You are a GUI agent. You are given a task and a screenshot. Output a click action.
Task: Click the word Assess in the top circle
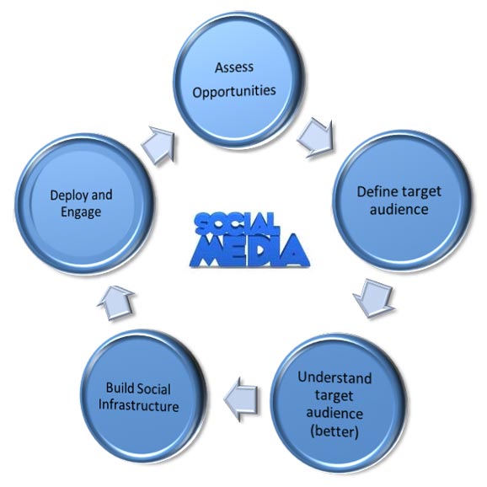point(234,67)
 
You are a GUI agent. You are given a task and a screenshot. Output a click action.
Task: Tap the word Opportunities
point(234,91)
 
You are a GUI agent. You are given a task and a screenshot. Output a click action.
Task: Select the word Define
point(375,191)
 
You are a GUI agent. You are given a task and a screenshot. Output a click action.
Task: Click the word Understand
point(334,377)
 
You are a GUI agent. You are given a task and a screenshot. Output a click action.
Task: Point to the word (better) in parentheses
point(334,431)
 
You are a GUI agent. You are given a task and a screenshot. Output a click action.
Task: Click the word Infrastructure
point(138,406)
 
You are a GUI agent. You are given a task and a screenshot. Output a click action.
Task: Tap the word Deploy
point(68,195)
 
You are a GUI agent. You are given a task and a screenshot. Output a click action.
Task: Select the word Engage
point(81,212)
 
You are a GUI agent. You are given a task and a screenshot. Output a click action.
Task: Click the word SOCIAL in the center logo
point(235,223)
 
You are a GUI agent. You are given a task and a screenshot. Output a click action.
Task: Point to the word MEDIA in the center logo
point(249,250)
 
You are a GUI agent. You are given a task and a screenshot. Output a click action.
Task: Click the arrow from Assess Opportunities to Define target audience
point(315,138)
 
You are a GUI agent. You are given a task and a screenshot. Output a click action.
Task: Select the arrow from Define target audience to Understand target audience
point(373,297)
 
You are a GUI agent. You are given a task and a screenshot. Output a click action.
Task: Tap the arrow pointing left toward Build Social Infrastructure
point(241,399)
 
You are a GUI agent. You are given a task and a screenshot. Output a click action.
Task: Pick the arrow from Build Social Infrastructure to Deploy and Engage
point(115,303)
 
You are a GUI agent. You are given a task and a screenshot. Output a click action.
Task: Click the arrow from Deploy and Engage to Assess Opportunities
point(158,145)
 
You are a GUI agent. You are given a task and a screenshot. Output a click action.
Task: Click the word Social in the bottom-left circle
point(153,388)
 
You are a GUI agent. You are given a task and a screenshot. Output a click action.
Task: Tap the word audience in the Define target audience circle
point(399,209)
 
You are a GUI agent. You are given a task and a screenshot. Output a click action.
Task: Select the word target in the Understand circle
point(334,396)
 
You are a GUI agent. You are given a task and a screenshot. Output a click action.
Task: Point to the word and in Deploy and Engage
point(102,195)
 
